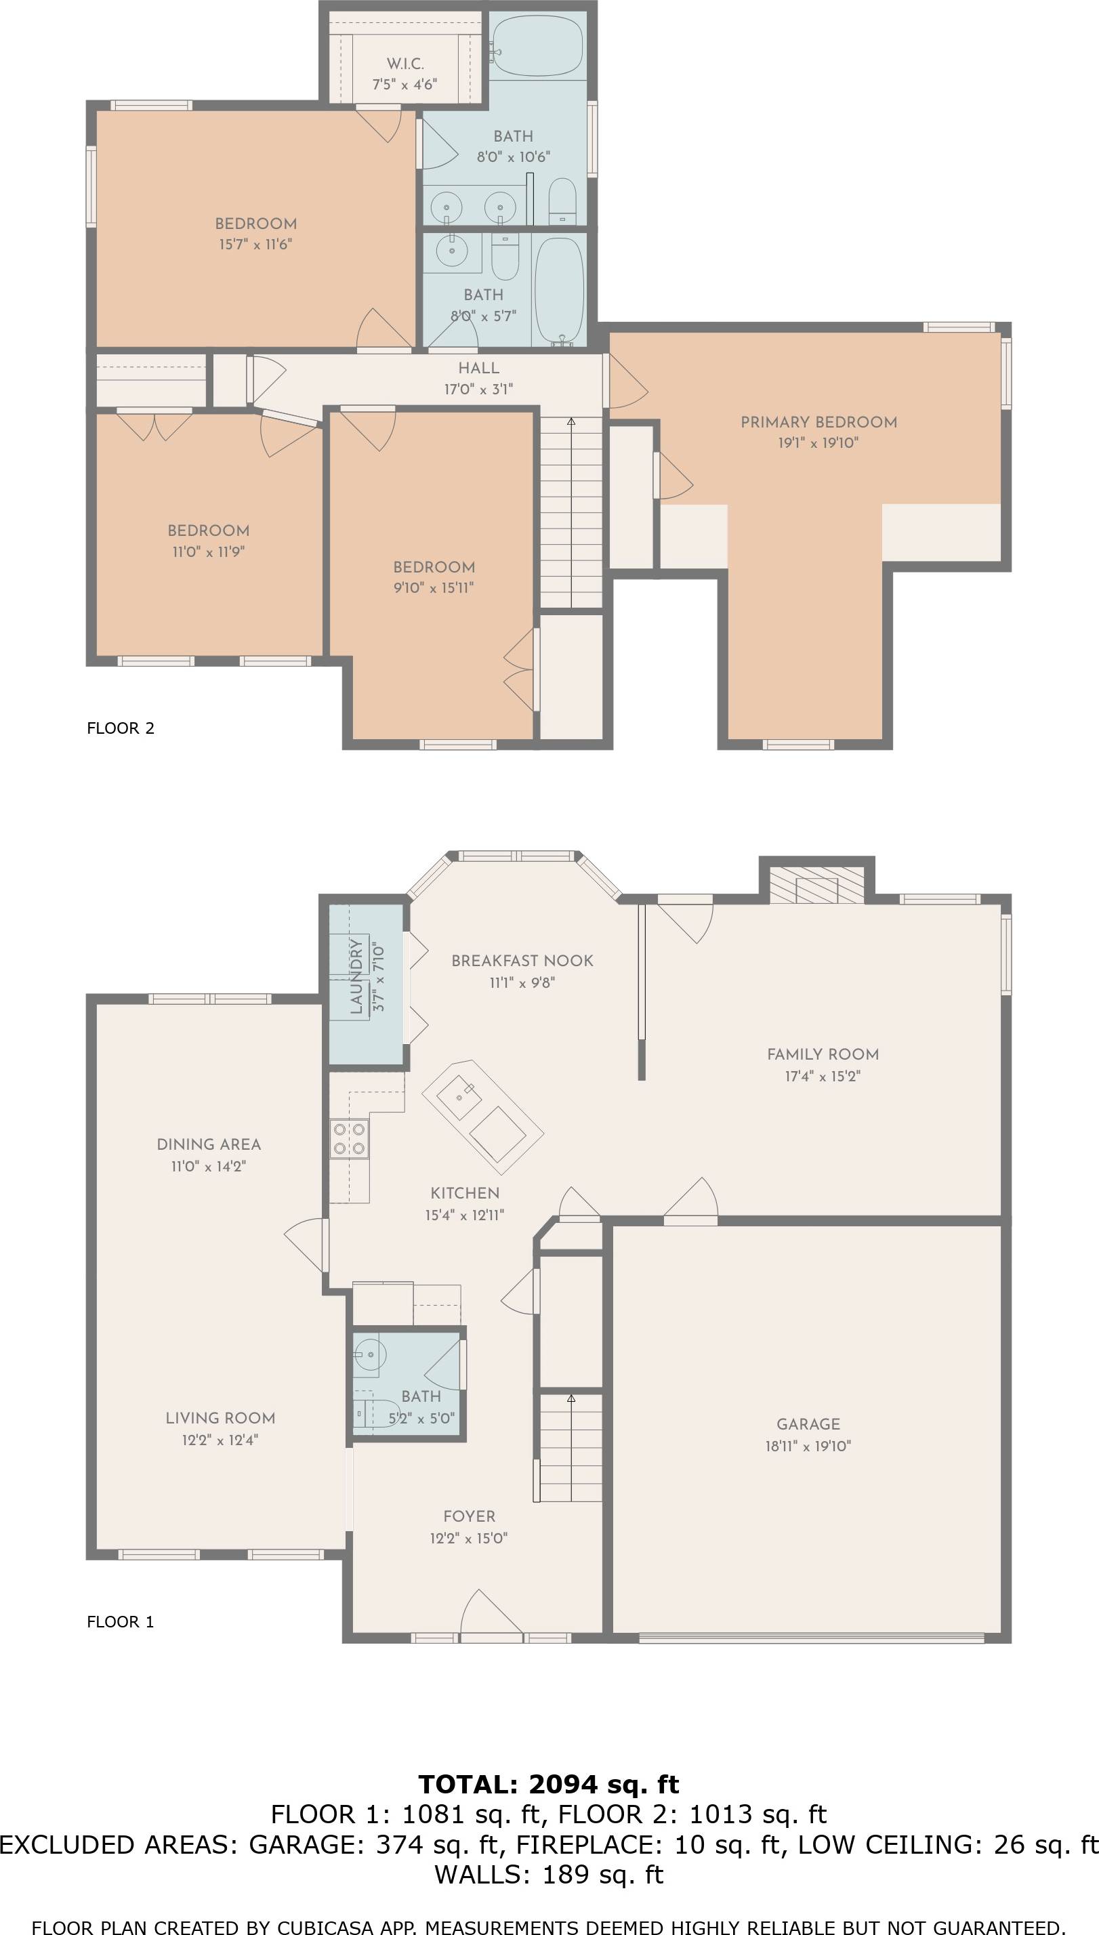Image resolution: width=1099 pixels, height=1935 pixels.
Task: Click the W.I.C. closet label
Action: point(405,64)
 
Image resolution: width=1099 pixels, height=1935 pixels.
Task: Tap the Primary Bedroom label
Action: point(819,422)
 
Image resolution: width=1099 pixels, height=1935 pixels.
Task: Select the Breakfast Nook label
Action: point(522,961)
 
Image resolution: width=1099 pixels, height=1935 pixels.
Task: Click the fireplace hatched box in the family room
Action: point(816,883)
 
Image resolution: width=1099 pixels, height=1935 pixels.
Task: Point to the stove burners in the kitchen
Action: point(350,1139)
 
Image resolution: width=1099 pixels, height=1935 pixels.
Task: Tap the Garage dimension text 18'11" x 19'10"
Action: point(808,1446)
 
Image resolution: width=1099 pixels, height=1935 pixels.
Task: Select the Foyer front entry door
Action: point(491,1616)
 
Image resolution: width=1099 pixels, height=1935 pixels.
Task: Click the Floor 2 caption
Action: point(121,728)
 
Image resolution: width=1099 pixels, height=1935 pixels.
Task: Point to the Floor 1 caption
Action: point(121,1622)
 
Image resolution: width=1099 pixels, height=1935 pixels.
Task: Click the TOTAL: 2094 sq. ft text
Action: point(549,1784)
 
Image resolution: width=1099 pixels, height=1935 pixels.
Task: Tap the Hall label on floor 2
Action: point(478,369)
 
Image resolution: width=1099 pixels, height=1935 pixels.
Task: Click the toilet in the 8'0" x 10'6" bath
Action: point(562,201)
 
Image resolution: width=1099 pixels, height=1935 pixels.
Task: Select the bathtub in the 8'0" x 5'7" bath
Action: point(559,291)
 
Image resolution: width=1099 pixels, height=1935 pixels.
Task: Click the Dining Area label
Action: point(209,1144)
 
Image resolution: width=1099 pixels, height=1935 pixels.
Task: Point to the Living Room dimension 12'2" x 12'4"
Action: point(220,1440)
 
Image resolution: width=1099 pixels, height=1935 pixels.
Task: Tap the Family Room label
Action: point(823,1054)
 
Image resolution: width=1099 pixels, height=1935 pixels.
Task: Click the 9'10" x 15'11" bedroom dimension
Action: point(434,588)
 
